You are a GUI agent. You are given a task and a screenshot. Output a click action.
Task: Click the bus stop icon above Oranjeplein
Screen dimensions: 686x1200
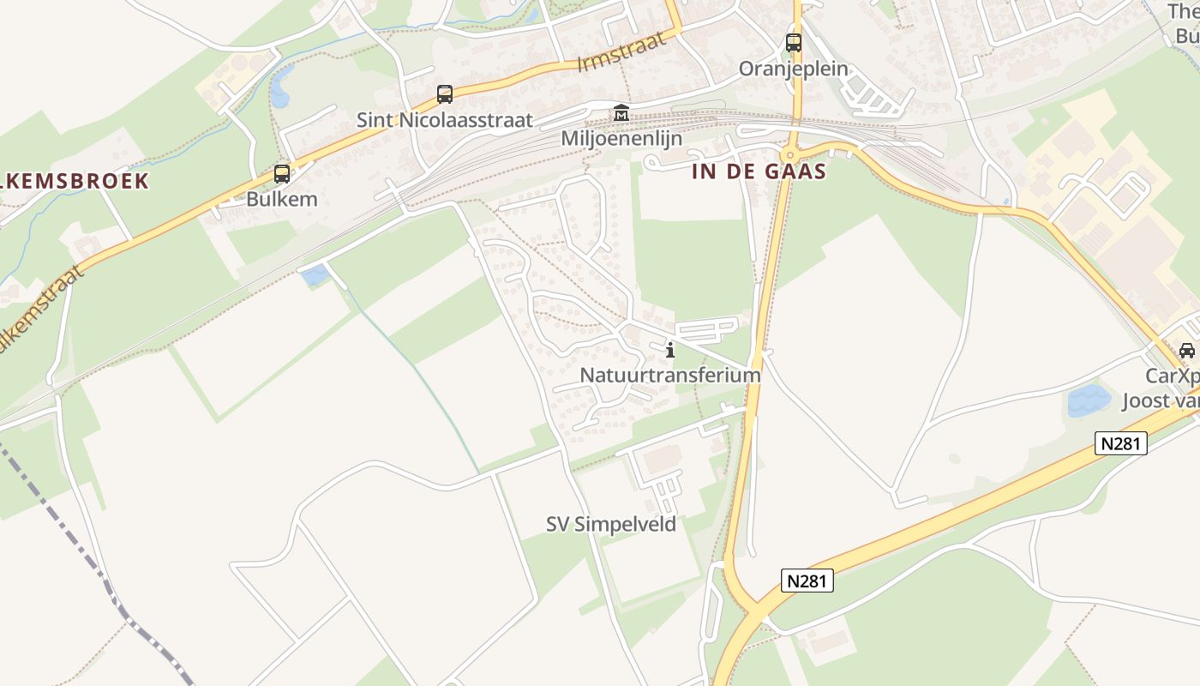point(794,42)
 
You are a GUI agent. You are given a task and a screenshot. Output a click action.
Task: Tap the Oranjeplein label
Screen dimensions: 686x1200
point(794,69)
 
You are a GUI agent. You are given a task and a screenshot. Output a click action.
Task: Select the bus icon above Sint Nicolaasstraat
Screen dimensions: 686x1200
point(444,94)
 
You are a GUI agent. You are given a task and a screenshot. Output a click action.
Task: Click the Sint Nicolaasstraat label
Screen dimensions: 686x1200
point(445,120)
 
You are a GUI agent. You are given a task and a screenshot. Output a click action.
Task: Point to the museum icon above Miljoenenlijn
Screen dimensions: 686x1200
point(621,113)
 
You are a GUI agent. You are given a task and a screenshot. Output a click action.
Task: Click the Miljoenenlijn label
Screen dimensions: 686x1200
point(621,138)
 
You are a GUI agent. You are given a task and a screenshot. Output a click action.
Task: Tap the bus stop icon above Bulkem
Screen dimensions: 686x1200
point(281,174)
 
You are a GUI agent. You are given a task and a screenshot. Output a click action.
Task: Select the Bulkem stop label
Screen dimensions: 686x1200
point(282,200)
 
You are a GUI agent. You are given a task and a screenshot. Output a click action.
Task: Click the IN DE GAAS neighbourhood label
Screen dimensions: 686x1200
point(759,171)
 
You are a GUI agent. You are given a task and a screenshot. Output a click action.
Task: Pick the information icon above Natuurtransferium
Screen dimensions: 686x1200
point(670,349)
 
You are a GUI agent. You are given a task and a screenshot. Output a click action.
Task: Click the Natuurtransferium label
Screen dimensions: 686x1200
point(670,375)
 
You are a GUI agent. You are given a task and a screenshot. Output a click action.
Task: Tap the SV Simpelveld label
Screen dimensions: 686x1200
point(611,524)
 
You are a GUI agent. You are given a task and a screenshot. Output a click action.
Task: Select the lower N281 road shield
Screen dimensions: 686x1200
point(807,581)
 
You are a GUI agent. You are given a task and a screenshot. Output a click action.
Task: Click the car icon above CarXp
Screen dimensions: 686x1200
point(1187,350)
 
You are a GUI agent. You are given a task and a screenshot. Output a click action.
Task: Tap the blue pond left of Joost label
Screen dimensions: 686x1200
point(1089,400)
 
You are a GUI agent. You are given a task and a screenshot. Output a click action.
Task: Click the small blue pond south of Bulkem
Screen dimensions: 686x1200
point(315,275)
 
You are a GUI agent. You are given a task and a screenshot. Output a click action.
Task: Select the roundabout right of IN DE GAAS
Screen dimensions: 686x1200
point(789,154)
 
